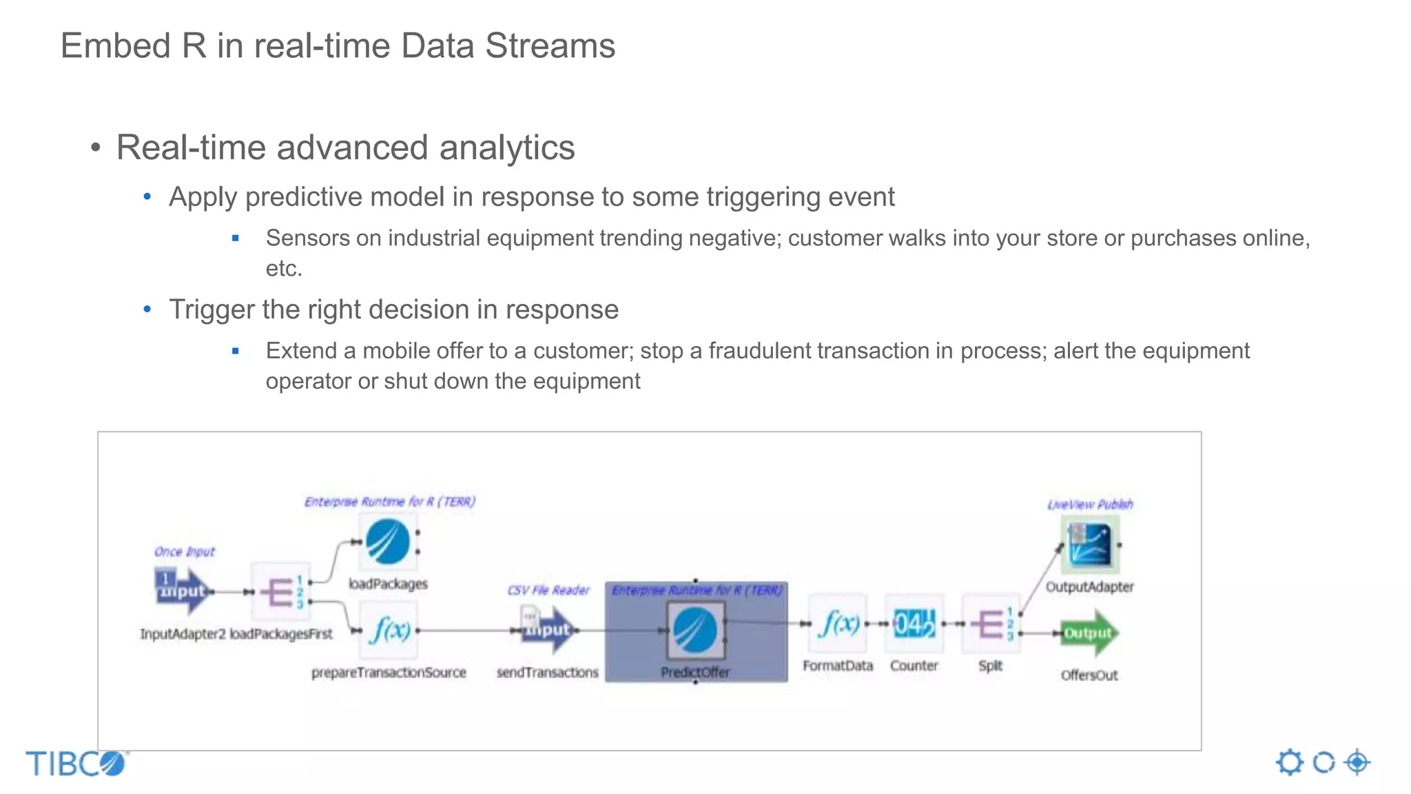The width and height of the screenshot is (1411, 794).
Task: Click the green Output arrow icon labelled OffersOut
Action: [x=1089, y=633]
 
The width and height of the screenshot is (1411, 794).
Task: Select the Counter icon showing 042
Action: [x=914, y=624]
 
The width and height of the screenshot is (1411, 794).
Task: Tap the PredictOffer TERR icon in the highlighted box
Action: [x=695, y=630]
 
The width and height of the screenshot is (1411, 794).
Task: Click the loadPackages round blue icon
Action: [x=388, y=542]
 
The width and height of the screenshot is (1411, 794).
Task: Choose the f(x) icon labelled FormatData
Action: [x=838, y=624]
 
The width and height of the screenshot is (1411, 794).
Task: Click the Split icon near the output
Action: [x=991, y=624]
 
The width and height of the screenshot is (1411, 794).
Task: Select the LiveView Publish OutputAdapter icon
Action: [x=1089, y=544]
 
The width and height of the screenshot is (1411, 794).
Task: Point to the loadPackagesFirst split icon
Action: [x=281, y=592]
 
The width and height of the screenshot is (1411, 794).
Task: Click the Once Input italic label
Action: [x=184, y=551]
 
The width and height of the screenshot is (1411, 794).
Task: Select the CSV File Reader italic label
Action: [x=548, y=590]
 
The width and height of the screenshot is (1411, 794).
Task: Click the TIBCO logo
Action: [x=76, y=764]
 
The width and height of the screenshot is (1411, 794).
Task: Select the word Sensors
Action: [x=307, y=238]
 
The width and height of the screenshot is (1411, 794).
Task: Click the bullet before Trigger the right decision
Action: [x=147, y=309]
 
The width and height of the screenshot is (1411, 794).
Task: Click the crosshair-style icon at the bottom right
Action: [x=1357, y=762]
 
